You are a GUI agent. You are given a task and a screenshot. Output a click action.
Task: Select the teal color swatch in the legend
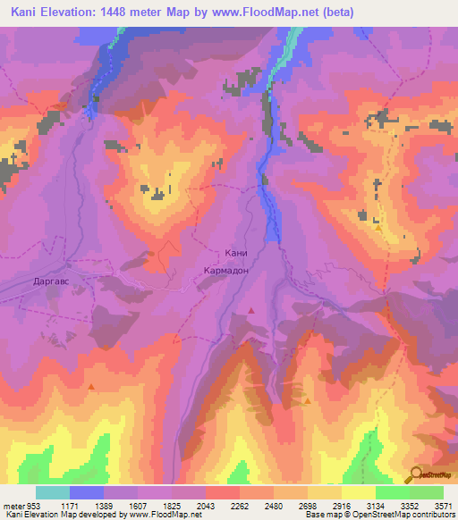53,492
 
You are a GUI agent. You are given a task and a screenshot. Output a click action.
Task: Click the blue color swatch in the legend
87,492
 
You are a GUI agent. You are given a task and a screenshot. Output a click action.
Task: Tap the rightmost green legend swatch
427,492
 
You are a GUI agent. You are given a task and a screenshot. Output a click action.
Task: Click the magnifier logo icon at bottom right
417,474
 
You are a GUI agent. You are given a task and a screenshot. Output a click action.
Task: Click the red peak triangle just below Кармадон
252,310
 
